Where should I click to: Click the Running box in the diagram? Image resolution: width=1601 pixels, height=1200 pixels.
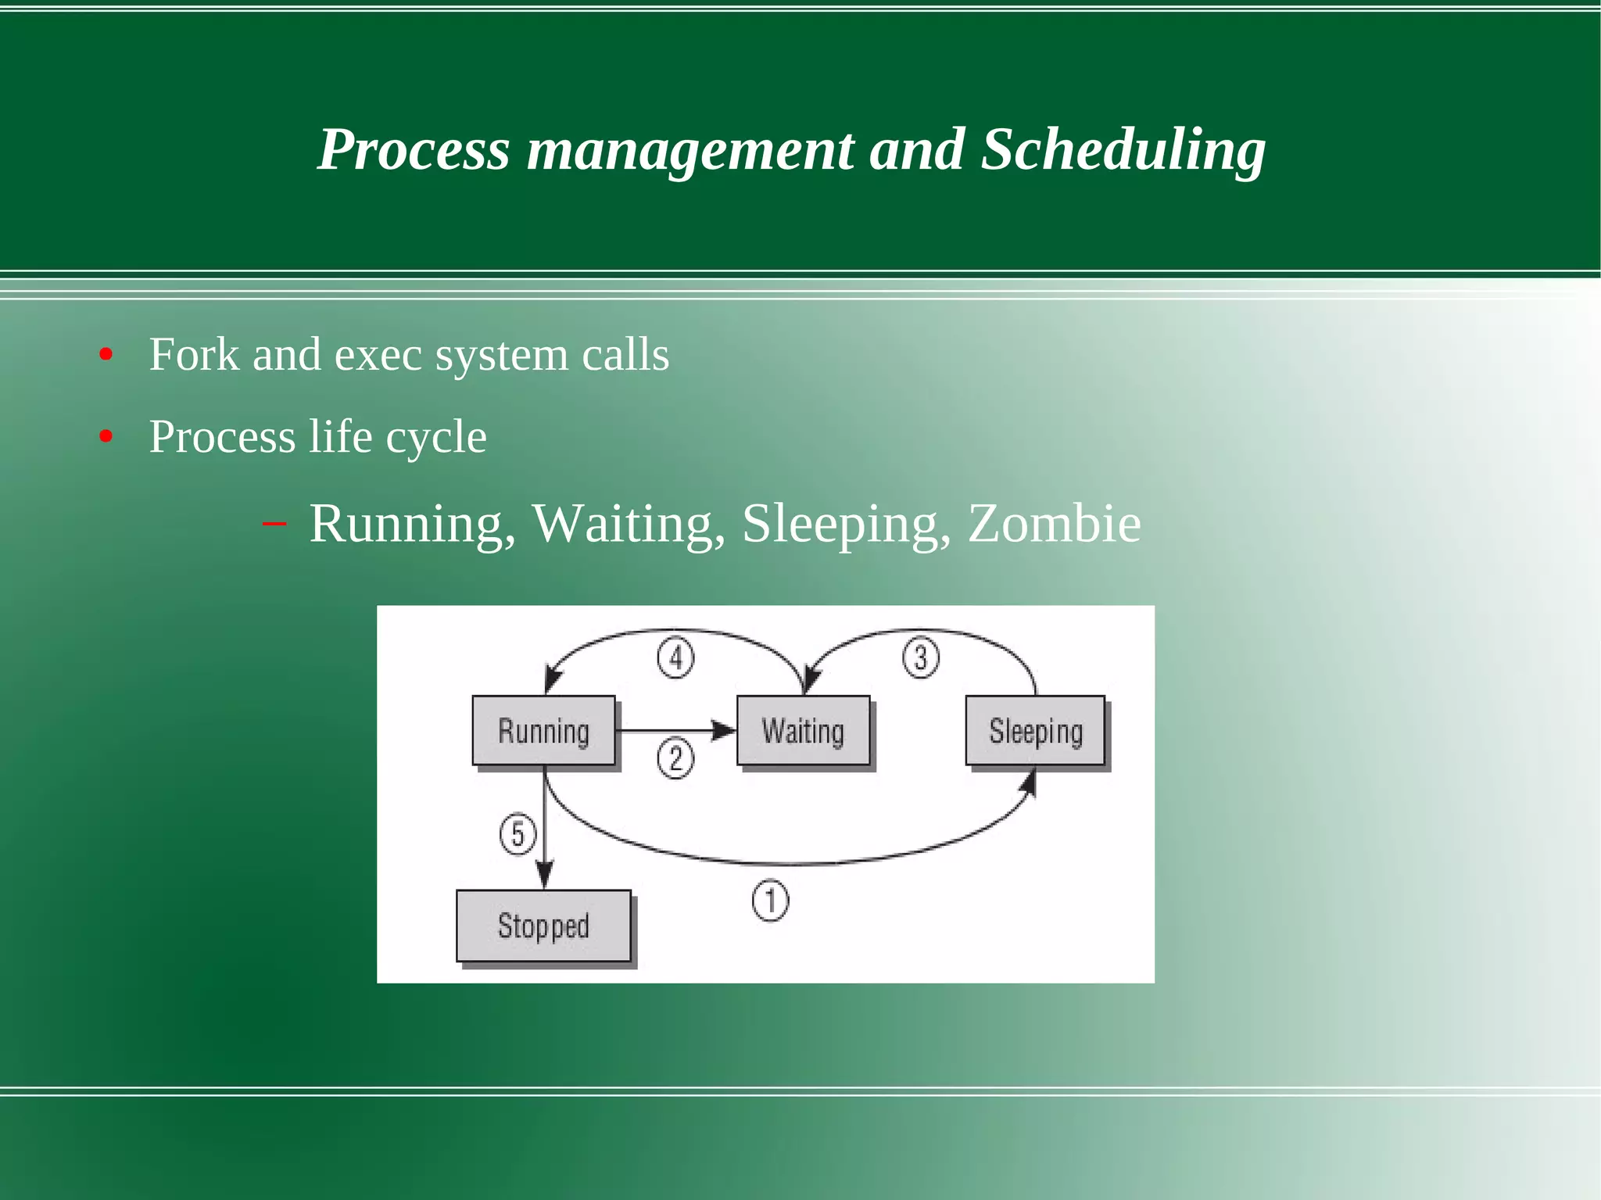click(543, 730)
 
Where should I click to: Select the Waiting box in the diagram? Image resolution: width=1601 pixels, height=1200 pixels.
click(803, 730)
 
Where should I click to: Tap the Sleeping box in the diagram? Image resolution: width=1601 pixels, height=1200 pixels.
click(1035, 730)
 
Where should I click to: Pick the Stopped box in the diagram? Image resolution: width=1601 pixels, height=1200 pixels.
click(543, 926)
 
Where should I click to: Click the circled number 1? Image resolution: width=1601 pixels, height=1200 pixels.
click(770, 900)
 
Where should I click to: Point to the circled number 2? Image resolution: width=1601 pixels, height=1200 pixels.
click(675, 758)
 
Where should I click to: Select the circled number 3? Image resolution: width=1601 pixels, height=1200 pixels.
click(921, 657)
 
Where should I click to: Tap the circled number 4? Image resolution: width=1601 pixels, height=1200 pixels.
click(675, 657)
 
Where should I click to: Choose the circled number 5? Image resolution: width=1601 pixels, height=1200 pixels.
click(518, 833)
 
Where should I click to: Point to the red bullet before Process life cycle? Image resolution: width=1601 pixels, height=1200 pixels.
click(106, 436)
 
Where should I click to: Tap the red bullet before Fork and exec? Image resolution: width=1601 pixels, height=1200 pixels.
click(106, 355)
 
